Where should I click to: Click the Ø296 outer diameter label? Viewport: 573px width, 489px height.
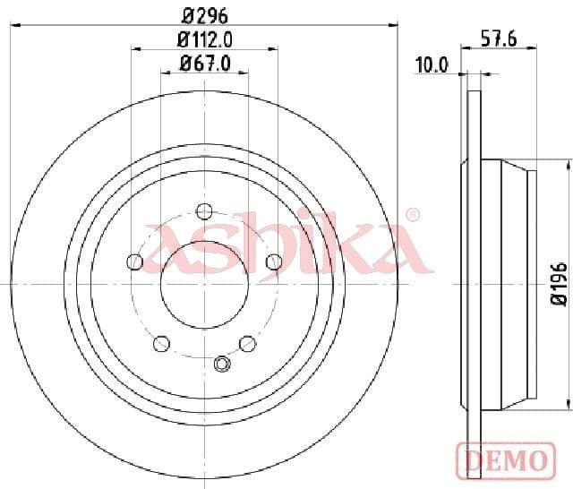tap(204, 13)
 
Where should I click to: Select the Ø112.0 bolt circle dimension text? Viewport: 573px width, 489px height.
tap(204, 39)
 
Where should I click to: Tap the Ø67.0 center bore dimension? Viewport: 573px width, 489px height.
tap(205, 63)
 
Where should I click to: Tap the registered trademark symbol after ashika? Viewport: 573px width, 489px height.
tap(412, 215)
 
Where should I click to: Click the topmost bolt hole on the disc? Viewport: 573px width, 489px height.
tap(204, 211)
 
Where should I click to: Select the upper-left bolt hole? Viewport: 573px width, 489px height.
tap(135, 261)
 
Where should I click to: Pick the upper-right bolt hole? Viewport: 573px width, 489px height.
tap(274, 261)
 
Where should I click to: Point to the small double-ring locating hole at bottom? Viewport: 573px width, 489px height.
tap(222, 363)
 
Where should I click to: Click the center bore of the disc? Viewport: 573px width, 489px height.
tap(204, 284)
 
